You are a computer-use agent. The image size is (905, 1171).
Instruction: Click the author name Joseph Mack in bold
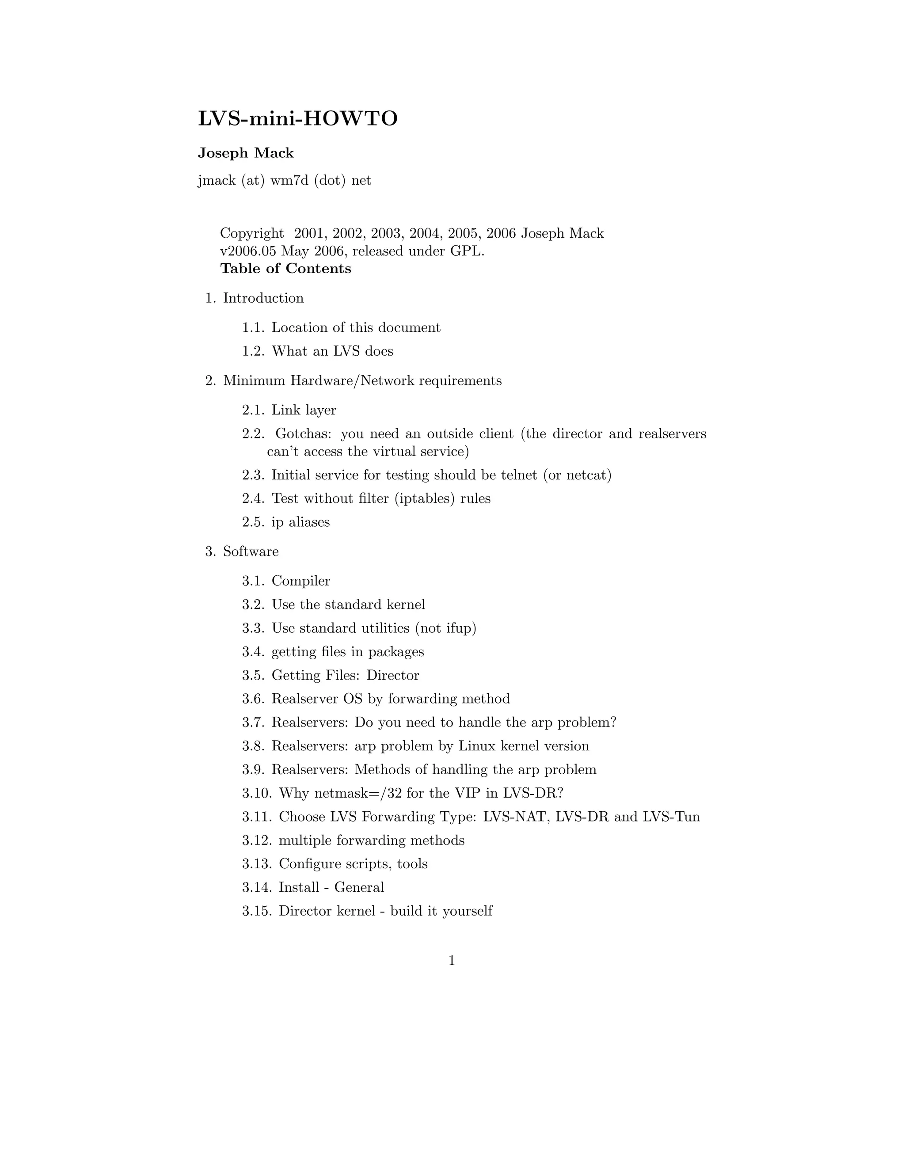click(x=246, y=153)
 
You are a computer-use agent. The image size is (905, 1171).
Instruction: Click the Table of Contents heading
click(x=286, y=269)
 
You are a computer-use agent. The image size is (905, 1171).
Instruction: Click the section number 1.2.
click(x=253, y=351)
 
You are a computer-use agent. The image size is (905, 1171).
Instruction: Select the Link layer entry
click(x=304, y=410)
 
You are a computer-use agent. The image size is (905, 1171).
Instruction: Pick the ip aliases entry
click(x=300, y=522)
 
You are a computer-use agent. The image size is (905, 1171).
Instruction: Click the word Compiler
click(x=301, y=581)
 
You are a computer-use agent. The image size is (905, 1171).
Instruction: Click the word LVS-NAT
click(x=516, y=817)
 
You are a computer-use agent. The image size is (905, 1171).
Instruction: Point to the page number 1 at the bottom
click(x=452, y=961)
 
